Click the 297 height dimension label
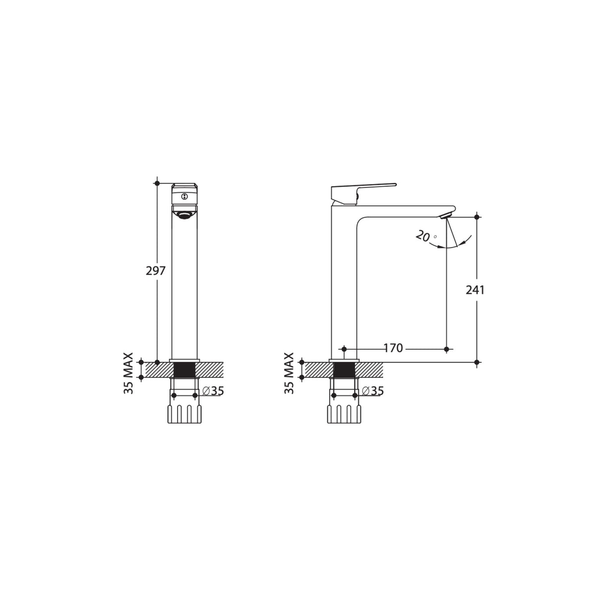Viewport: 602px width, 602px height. click(x=155, y=271)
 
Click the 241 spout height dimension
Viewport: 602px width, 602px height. click(x=475, y=290)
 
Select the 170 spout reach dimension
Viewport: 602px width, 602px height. click(x=393, y=349)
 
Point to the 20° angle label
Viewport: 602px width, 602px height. click(x=424, y=237)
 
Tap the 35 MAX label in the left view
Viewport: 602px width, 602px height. click(x=129, y=373)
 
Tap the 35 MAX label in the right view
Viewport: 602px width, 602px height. click(x=290, y=373)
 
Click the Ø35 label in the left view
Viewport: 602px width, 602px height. click(x=214, y=391)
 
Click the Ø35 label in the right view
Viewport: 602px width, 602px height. click(x=373, y=391)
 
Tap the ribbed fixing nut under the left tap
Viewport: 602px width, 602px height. click(x=185, y=414)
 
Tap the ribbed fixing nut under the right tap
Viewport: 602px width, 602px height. click(x=344, y=414)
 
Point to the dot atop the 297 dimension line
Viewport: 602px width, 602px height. click(x=157, y=183)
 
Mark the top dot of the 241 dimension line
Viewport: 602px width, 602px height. click(x=477, y=217)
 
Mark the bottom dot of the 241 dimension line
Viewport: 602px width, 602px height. click(x=477, y=362)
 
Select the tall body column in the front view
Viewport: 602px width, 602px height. click(x=184, y=288)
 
